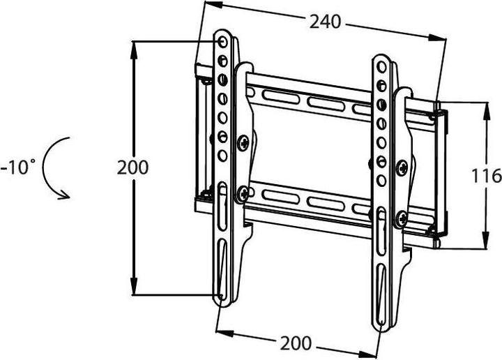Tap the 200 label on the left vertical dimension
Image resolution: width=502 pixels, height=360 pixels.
click(x=132, y=167)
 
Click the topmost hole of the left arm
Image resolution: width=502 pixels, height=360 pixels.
click(x=223, y=43)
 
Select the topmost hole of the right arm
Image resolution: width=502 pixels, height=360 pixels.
click(x=381, y=68)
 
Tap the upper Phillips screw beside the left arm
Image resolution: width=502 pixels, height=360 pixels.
click(x=242, y=143)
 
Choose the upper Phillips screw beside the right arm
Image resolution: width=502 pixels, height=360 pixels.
click(x=402, y=167)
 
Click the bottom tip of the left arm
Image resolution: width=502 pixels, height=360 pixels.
click(x=221, y=303)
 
